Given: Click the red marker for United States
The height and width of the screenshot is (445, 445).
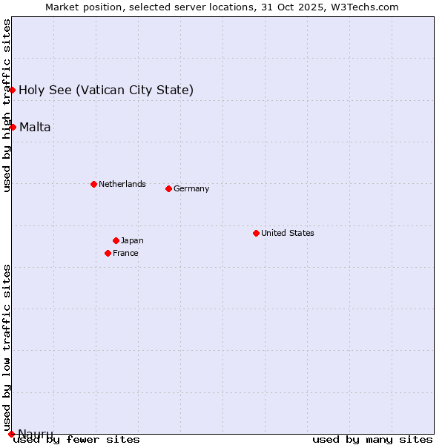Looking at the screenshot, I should click(x=256, y=233).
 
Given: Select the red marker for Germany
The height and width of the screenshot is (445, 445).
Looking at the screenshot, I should click(x=168, y=188).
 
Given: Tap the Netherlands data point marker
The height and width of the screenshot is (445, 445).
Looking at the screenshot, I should click(x=93, y=184).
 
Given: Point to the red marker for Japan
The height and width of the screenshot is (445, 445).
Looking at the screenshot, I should click(x=116, y=240).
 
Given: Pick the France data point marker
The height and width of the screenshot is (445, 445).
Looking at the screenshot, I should click(x=108, y=253).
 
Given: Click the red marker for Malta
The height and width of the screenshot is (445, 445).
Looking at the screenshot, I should click(x=13, y=127).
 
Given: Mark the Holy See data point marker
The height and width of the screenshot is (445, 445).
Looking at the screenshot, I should click(x=13, y=90).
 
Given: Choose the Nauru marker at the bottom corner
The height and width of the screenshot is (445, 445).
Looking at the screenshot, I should click(x=11, y=434).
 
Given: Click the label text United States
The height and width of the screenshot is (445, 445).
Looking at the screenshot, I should click(x=288, y=233).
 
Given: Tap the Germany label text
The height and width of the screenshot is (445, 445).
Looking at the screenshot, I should click(x=191, y=188).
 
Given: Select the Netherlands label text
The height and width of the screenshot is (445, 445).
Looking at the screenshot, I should click(x=122, y=184).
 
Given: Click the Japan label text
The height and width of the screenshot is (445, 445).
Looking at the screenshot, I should click(x=132, y=240).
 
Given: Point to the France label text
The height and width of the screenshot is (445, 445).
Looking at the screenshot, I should click(x=125, y=253).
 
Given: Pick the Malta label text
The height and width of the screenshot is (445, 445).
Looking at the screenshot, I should click(x=35, y=127).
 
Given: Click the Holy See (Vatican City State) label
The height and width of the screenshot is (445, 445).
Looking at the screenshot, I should click(x=106, y=90).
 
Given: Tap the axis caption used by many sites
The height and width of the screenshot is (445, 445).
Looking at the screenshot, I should click(x=372, y=439).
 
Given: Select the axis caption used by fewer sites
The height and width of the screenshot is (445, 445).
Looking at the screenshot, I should click(x=76, y=439).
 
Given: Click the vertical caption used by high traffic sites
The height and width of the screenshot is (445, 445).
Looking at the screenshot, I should click(x=7, y=105).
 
